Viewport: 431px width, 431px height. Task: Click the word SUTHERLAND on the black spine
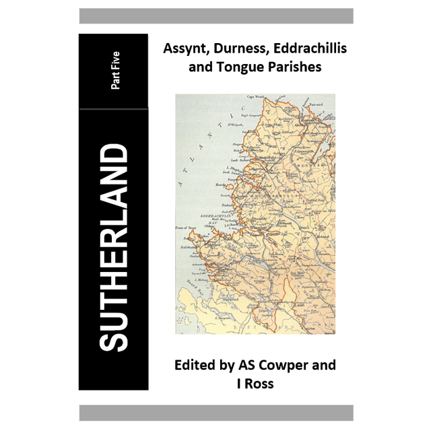point(113,248)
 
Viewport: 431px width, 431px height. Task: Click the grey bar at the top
point(215,15)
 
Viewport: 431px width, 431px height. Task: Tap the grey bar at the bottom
point(215,413)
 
